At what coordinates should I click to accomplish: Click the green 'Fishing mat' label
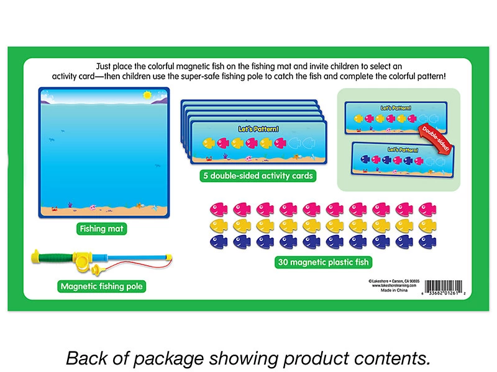click(102, 229)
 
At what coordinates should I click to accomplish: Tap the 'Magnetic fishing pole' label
click(102, 286)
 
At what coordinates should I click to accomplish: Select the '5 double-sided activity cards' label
click(257, 175)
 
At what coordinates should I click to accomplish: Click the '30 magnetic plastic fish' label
click(322, 262)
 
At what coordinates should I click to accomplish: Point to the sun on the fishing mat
click(147, 95)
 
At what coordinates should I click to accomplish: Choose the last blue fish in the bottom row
click(427, 241)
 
